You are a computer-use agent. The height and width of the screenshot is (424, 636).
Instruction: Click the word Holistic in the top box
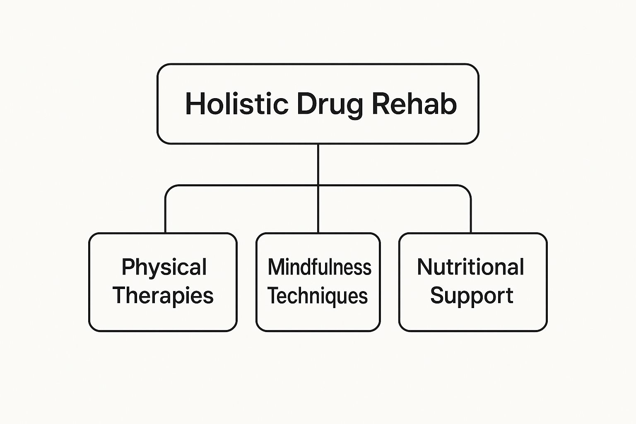pos(236,104)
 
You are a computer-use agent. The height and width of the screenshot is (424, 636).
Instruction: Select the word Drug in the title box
pos(330,104)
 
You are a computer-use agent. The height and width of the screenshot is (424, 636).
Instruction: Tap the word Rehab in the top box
pos(414,104)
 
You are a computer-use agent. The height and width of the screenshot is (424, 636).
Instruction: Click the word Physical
pos(164,268)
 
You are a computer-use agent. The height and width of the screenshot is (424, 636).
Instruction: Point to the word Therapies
pos(163,296)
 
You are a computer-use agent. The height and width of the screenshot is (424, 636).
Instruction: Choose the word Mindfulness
pos(319,267)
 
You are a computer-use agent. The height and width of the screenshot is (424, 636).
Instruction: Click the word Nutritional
pos(470,267)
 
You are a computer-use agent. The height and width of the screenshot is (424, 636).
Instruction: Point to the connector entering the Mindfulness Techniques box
pos(318,215)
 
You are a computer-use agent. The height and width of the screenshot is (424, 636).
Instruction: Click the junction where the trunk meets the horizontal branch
pos(318,185)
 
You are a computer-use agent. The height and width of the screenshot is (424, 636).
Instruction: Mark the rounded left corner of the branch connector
pos(169,189)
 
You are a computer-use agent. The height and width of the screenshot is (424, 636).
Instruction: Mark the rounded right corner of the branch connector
pos(467,189)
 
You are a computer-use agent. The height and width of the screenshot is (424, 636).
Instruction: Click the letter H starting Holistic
pos(195,104)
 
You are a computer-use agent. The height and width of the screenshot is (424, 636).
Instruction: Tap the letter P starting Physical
pos(127,267)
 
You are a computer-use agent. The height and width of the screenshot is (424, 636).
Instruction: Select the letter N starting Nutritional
pos(425,267)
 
